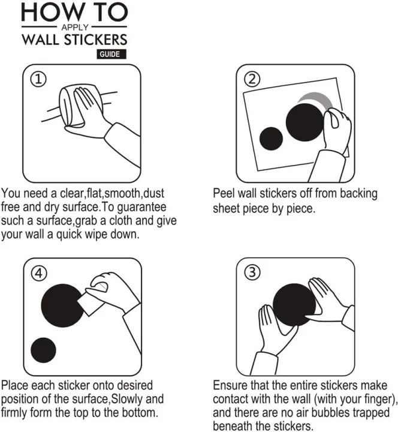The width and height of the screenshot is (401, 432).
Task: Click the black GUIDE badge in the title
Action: click(x=111, y=54)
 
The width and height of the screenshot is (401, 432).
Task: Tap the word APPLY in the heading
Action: click(x=74, y=27)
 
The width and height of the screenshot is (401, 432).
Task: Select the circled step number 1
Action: click(x=38, y=79)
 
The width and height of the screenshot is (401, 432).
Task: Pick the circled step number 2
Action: click(x=252, y=79)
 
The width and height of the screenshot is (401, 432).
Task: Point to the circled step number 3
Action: click(x=252, y=272)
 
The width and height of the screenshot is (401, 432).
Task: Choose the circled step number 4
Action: click(x=38, y=274)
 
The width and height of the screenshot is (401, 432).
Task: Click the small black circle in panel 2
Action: click(x=271, y=139)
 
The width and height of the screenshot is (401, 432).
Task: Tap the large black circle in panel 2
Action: click(x=304, y=122)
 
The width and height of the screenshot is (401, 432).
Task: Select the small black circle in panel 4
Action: click(x=43, y=350)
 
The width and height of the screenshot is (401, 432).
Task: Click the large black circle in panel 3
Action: click(x=294, y=305)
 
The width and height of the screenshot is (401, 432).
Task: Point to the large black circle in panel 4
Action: click(x=62, y=305)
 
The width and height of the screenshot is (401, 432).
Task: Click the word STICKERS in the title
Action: click(x=95, y=40)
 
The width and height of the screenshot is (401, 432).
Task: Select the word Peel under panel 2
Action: click(x=224, y=193)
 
